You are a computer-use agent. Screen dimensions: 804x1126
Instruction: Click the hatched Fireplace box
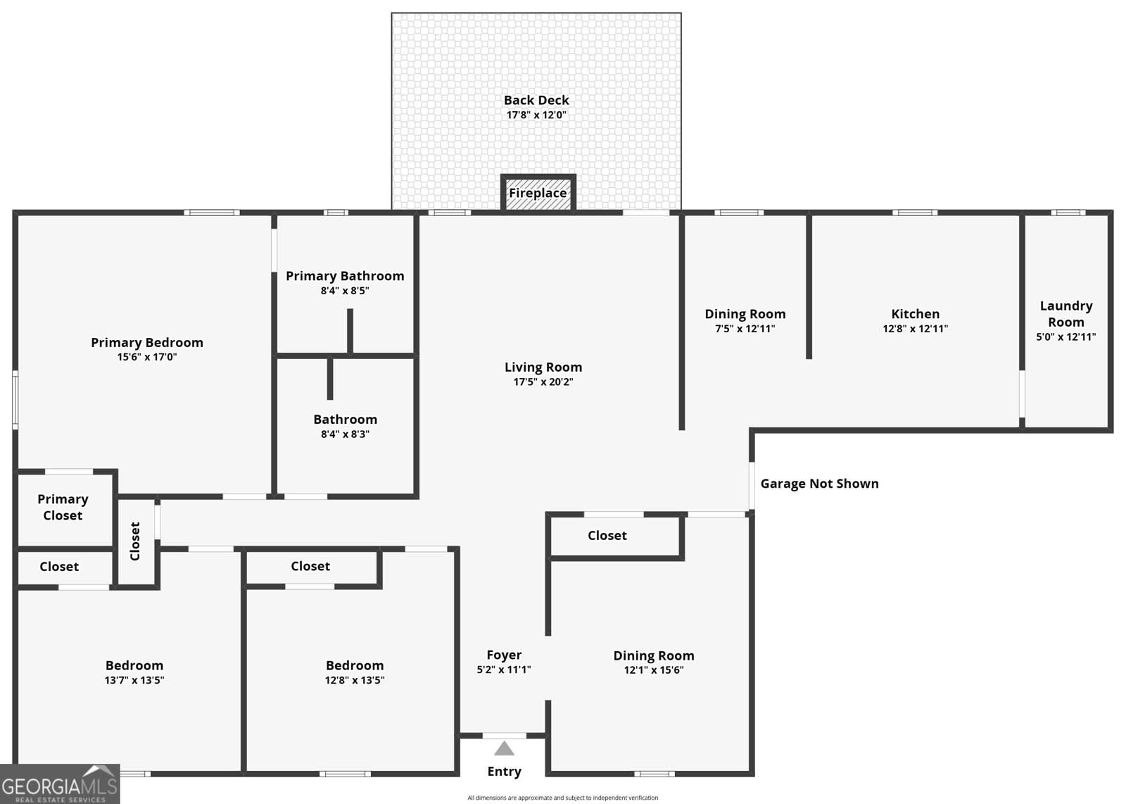point(538,193)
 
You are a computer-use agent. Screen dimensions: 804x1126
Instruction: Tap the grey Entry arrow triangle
point(504,748)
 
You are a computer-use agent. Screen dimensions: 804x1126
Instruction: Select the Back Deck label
point(536,100)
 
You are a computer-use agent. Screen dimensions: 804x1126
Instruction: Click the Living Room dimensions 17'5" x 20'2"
point(543,382)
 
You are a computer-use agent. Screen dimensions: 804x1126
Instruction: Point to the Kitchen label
point(915,314)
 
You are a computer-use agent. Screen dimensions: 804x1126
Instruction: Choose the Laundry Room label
point(1065,314)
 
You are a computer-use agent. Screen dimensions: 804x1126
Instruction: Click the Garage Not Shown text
point(819,484)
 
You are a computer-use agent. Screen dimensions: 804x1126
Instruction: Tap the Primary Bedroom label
point(147,342)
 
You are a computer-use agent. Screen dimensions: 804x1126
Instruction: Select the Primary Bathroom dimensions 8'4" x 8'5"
point(345,291)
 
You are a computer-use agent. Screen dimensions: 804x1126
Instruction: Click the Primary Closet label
point(63,507)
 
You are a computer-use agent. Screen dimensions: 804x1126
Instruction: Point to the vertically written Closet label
point(135,541)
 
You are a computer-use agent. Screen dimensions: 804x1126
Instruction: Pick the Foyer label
point(504,655)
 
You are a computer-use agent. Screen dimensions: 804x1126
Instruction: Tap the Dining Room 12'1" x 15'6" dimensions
point(654,670)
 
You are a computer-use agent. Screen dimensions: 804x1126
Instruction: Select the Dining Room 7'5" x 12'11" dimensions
point(745,329)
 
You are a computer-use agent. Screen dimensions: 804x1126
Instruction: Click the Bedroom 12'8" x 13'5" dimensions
point(355,680)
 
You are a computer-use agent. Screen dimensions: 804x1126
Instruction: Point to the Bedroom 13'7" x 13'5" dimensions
point(134,680)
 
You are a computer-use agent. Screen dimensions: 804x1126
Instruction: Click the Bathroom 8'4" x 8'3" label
point(345,420)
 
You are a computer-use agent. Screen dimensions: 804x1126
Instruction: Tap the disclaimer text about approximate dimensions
point(562,798)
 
